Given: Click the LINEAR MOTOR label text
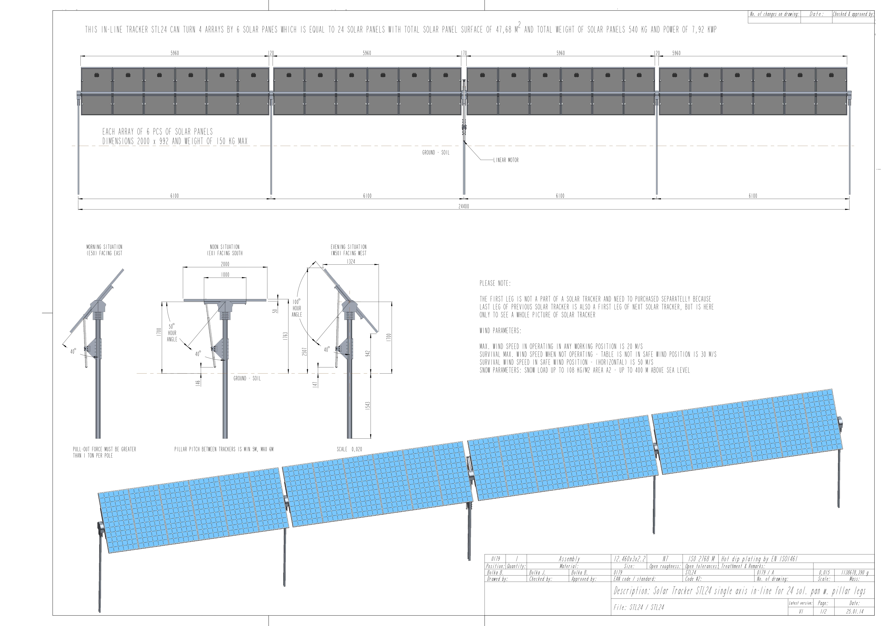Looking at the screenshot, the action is (x=506, y=160).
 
